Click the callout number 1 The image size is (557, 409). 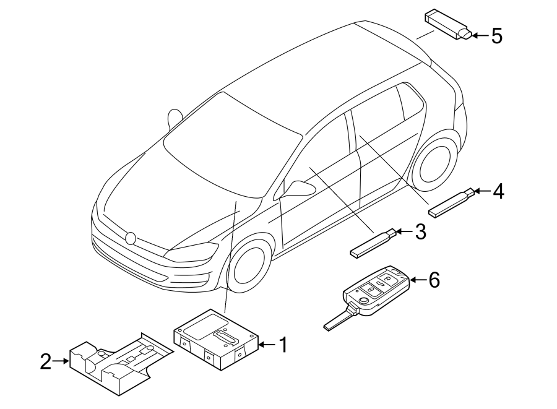pos(282,345)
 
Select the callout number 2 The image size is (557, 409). pos(45,362)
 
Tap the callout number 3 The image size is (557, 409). pos(420,232)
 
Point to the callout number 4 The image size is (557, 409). pos(498,192)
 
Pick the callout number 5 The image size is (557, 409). pos(496,36)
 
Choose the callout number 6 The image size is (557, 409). pos(433,280)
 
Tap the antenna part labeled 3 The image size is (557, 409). pos(371,243)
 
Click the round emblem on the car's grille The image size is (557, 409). pos(130,238)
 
